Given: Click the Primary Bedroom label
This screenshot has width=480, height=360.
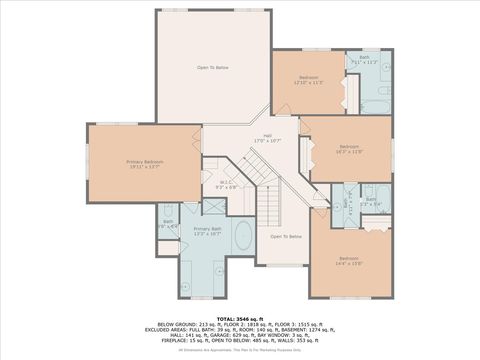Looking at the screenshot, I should pyautogui.click(x=145, y=163).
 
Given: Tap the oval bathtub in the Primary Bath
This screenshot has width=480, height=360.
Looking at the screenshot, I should pyautogui.click(x=243, y=238).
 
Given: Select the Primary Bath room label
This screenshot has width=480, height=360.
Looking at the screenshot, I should pyautogui.click(x=207, y=231).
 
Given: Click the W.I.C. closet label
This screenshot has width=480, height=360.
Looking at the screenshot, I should pyautogui.click(x=226, y=183).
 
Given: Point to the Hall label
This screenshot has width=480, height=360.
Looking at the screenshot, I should pyautogui.click(x=268, y=137).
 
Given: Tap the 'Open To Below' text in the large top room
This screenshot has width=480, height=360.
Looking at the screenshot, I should pyautogui.click(x=213, y=67).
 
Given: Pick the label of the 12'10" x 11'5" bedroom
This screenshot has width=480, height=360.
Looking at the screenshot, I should pyautogui.click(x=308, y=79).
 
